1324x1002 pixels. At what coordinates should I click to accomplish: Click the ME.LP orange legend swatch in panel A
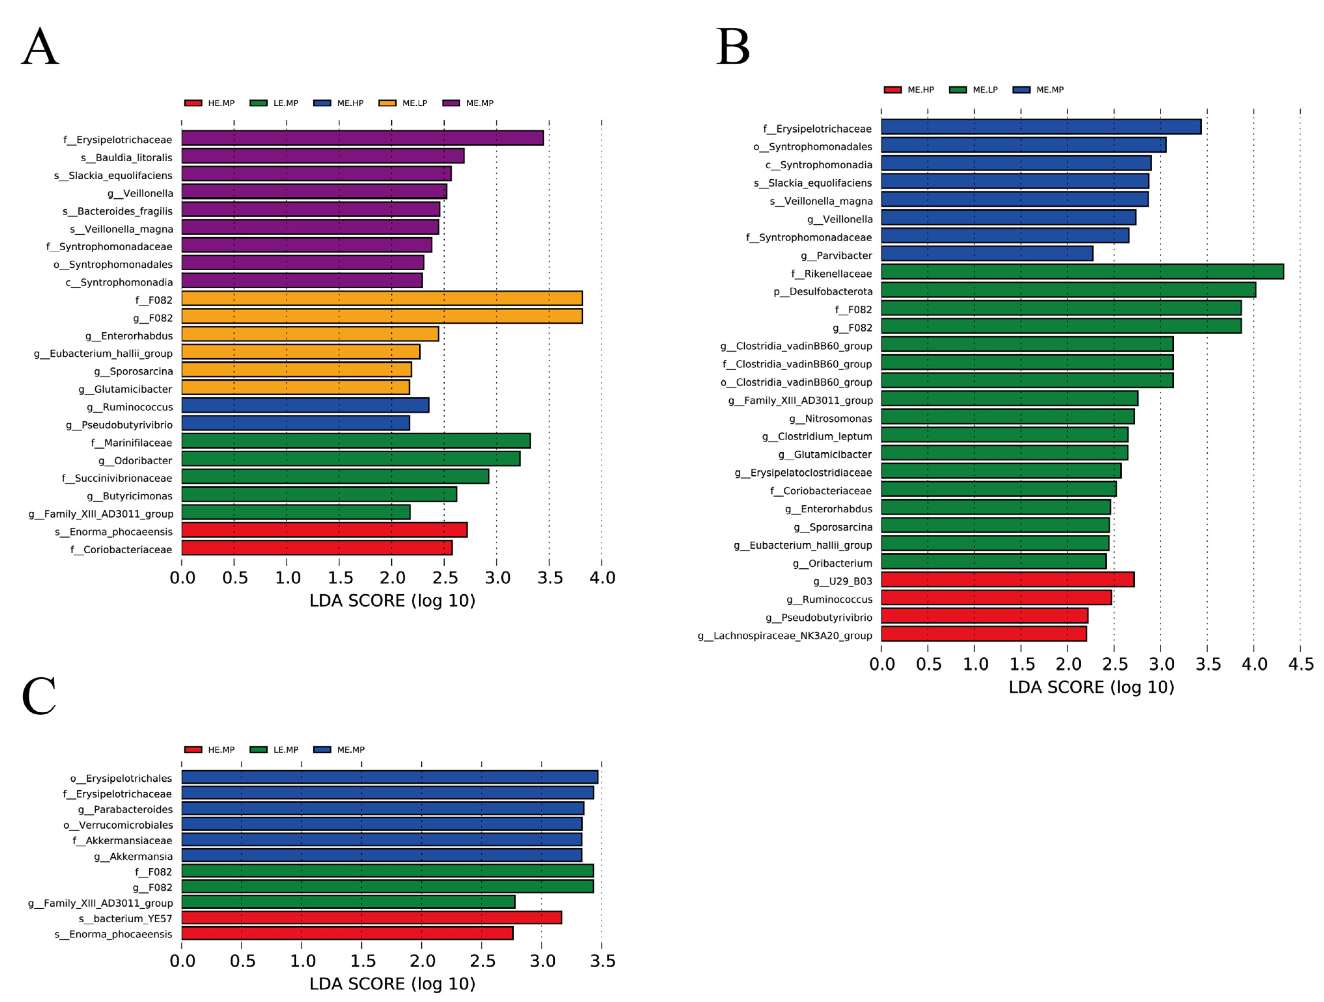coord(387,103)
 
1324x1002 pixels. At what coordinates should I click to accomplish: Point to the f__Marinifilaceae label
coord(131,443)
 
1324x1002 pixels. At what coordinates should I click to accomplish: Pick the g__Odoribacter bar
coord(351,459)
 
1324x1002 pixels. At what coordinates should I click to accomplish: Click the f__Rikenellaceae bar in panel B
coord(1082,271)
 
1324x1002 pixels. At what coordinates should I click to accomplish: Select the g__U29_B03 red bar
coord(1007,580)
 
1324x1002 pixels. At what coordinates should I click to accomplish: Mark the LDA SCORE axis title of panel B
coord(1090,687)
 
